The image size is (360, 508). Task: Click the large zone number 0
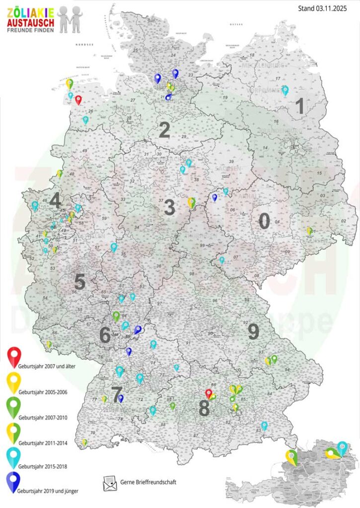click(264, 221)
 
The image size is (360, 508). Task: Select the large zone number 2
click(164, 130)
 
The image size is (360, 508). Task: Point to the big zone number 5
click(79, 282)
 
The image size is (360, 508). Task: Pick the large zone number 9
click(253, 331)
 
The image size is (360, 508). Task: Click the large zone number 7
click(117, 395)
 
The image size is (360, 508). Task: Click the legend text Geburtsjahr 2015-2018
click(42, 466)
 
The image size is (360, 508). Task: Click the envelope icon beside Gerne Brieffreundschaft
click(109, 483)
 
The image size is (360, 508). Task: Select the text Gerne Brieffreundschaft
click(148, 482)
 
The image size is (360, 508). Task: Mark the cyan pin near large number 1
click(285, 90)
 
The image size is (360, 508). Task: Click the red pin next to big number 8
click(209, 393)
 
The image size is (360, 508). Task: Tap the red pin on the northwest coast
click(78, 100)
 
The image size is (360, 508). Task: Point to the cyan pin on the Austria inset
click(342, 447)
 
